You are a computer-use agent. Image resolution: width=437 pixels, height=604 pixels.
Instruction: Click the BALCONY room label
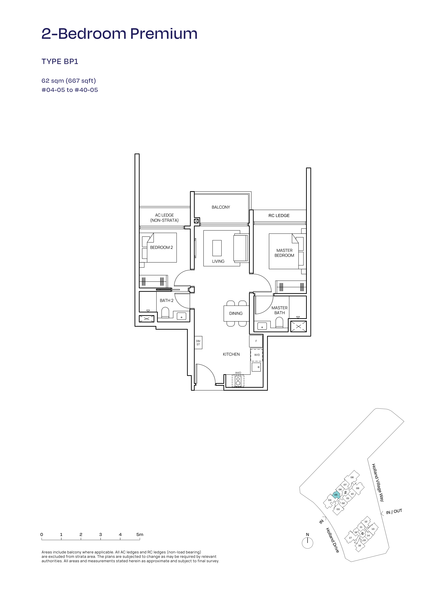(221, 207)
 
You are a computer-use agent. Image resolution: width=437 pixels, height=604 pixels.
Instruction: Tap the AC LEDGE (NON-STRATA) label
(164, 218)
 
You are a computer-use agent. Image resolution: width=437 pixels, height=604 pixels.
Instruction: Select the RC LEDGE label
(279, 215)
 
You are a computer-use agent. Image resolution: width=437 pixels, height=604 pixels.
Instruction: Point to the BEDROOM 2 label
(161, 247)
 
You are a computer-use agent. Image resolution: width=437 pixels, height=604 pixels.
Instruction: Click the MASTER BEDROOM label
(284, 253)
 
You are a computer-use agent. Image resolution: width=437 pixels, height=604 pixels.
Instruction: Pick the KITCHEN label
(231, 354)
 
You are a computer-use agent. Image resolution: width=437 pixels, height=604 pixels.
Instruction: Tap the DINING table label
(236, 313)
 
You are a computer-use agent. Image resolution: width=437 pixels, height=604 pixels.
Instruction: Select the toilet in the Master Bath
(279, 323)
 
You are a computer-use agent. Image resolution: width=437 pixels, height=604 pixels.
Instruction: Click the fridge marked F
(256, 341)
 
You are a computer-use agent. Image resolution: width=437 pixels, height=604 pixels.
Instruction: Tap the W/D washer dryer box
(257, 355)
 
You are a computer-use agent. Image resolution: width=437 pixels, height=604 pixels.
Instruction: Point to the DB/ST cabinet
(198, 343)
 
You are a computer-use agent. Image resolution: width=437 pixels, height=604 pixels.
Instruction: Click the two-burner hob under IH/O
(238, 381)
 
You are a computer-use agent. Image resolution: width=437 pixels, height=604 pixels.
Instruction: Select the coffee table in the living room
(217, 248)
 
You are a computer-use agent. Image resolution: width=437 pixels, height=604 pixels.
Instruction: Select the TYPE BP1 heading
(60, 62)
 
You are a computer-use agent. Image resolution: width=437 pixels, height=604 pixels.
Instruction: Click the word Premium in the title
(164, 34)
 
